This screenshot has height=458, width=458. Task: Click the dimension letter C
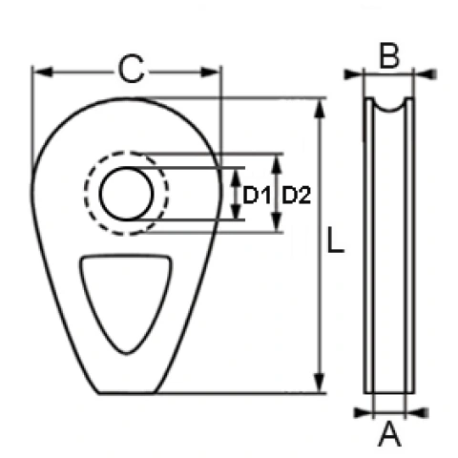pyautogui.click(x=132, y=69)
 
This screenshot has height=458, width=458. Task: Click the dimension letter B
pyautogui.click(x=389, y=57)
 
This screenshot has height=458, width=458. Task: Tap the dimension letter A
pyautogui.click(x=389, y=433)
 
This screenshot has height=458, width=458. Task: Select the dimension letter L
pyautogui.click(x=336, y=239)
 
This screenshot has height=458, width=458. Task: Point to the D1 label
pyautogui.click(x=257, y=196)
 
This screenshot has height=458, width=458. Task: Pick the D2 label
pyautogui.click(x=297, y=196)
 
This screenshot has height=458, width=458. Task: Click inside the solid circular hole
pyautogui.click(x=127, y=194)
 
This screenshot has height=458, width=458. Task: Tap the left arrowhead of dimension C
pyautogui.click(x=42, y=73)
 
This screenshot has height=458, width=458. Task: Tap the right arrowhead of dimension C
pyautogui.click(x=210, y=73)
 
